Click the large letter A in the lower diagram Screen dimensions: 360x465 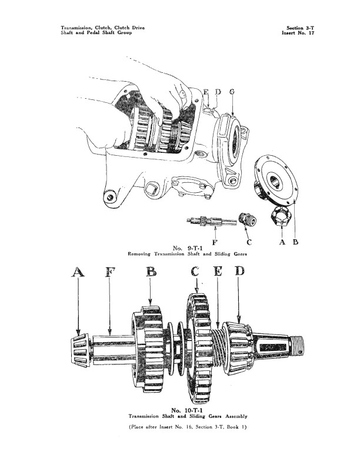78,272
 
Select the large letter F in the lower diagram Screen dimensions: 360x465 110,272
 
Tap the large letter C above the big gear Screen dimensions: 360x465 195,271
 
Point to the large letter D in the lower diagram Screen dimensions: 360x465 239,271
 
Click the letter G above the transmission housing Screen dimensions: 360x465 232,92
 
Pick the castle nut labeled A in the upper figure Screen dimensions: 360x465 281,216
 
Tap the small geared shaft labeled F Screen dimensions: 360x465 212,221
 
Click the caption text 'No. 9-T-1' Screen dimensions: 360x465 187,248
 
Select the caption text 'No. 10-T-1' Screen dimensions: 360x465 187,410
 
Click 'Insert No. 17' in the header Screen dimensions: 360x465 298,32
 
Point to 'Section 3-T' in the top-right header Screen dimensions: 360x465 300,28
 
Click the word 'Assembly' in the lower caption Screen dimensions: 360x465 236,416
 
